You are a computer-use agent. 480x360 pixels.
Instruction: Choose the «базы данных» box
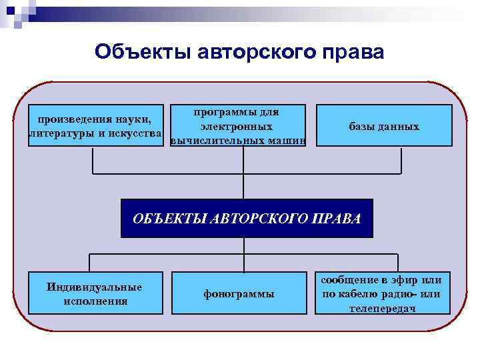point(384,126)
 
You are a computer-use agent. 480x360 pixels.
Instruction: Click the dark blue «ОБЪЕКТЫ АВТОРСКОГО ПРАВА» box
point(247,218)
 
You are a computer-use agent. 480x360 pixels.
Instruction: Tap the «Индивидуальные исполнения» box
point(95,293)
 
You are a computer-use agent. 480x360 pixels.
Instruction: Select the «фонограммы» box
point(238,294)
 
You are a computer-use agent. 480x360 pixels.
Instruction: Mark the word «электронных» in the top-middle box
point(236,126)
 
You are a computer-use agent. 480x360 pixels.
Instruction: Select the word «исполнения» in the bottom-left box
point(96,301)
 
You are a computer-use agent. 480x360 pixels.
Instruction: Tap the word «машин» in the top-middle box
point(287,141)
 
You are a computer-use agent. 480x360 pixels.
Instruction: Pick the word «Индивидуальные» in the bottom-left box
point(95,287)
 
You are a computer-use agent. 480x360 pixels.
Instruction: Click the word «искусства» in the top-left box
point(135,133)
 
